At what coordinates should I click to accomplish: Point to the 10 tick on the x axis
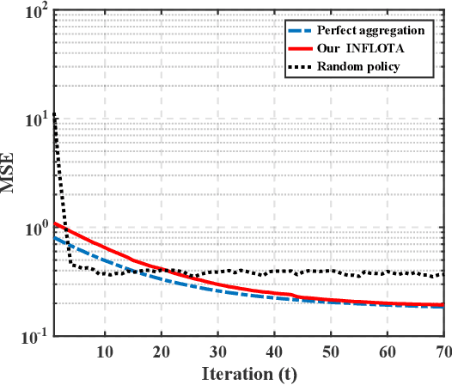[x=104, y=351]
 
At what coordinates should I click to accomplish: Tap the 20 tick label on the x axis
[x=161, y=351]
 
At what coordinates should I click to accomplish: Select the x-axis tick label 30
[x=217, y=351]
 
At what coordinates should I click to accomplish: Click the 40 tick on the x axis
[x=274, y=351]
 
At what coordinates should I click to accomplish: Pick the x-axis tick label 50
[x=331, y=351]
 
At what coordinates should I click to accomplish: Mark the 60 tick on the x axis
[x=388, y=351]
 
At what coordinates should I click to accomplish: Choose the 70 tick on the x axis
[x=443, y=351]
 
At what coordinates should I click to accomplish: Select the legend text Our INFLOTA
[x=360, y=49]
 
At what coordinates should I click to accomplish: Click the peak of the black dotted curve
[x=54, y=113]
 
